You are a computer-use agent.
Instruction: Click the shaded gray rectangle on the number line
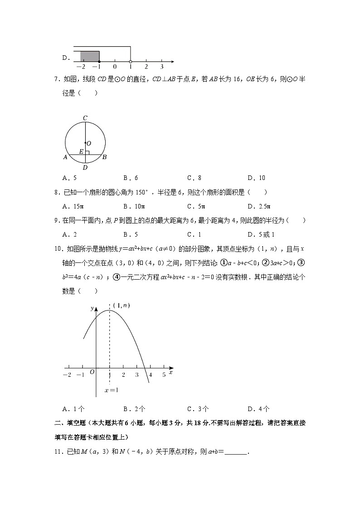90,56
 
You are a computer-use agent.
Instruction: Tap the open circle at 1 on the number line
131,61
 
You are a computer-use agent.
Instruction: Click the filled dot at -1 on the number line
99,61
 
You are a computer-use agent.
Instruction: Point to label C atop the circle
85,118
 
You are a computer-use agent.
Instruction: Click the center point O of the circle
85,143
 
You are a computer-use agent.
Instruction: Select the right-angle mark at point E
87,153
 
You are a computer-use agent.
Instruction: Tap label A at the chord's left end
66,157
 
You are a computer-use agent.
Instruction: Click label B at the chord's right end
104,157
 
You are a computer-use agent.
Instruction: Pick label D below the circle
85,167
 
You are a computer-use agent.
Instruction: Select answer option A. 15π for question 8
73,206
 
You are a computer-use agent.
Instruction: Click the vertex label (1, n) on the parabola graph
122,305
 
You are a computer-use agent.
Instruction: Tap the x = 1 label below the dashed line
111,390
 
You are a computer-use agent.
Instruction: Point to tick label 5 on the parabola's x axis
164,374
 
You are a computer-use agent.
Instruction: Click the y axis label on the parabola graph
92,309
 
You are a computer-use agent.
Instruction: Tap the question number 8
57,192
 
